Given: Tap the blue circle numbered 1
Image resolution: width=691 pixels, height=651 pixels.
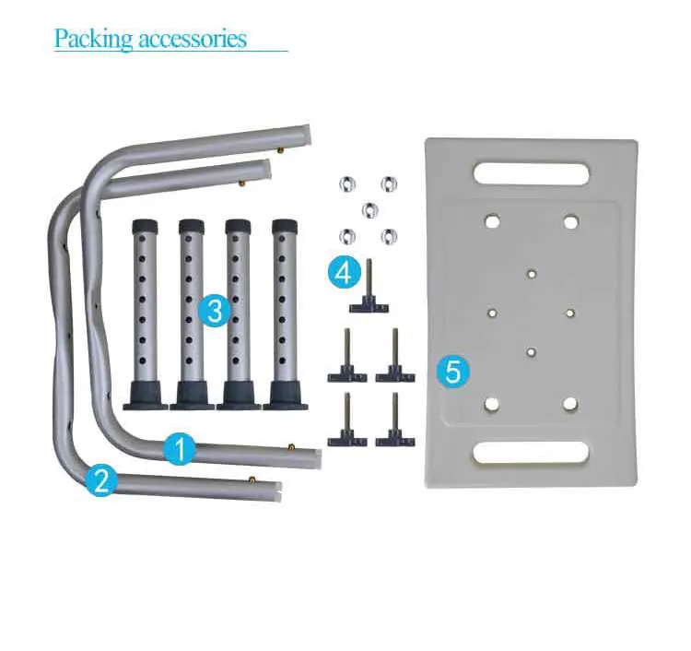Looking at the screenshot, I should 181,450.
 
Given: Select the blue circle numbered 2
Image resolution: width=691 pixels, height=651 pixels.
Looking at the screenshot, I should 102,479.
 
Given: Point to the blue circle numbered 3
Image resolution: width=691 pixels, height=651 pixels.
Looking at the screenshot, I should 215,310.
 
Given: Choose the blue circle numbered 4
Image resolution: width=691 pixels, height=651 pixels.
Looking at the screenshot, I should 343,272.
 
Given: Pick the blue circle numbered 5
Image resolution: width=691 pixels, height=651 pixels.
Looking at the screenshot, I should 452,372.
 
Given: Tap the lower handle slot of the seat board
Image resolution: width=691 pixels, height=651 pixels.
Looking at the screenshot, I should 531,452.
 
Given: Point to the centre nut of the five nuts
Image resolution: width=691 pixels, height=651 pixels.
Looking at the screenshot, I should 369,207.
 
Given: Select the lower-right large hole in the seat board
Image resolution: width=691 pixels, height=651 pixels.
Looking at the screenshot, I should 570,403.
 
